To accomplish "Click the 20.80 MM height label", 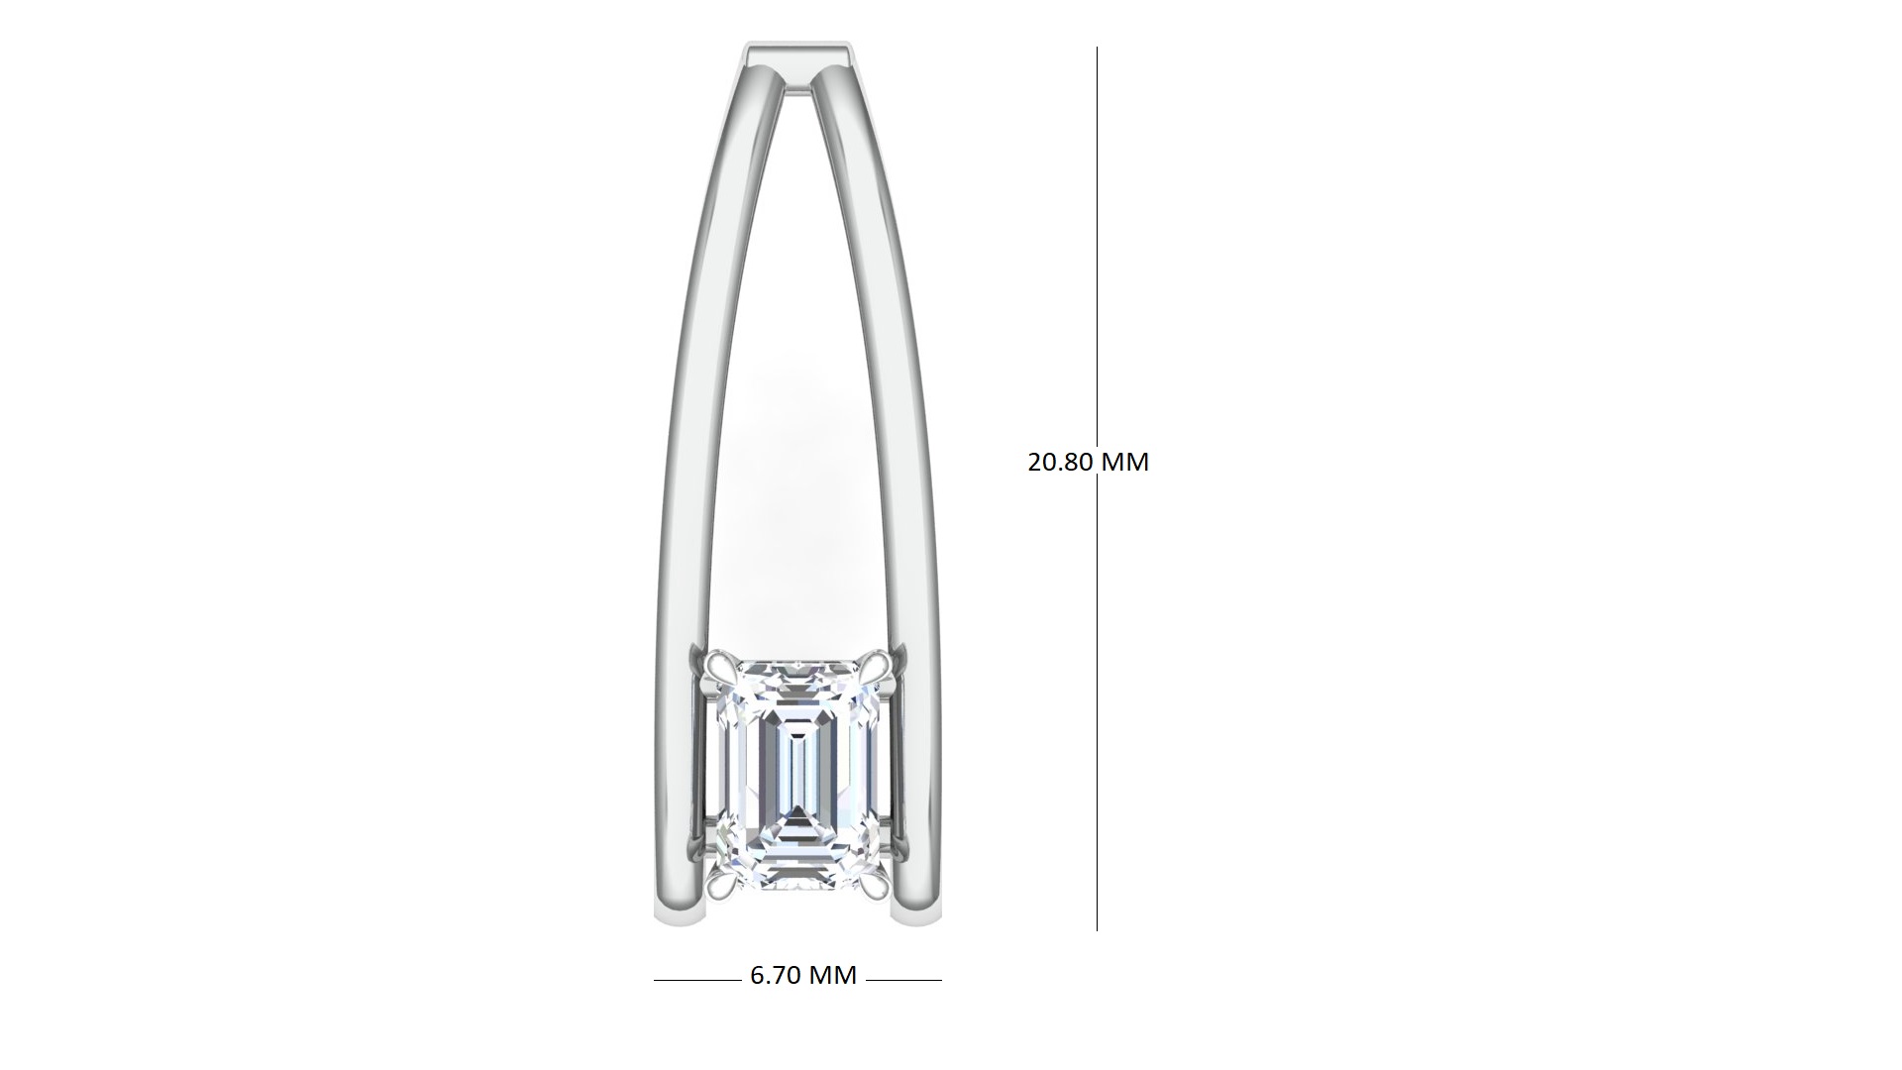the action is coord(1088,462).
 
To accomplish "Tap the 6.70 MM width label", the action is coord(803,975).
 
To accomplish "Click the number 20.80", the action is coord(1058,462).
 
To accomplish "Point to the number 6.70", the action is coord(775,975).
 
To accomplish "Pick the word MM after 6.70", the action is coord(832,975).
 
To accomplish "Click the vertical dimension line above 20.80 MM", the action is coord(1097,246).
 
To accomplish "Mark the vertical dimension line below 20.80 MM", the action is coord(1097,704).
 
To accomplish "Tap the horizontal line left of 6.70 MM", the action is coord(697,980).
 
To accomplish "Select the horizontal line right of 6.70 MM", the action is coord(903,980).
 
